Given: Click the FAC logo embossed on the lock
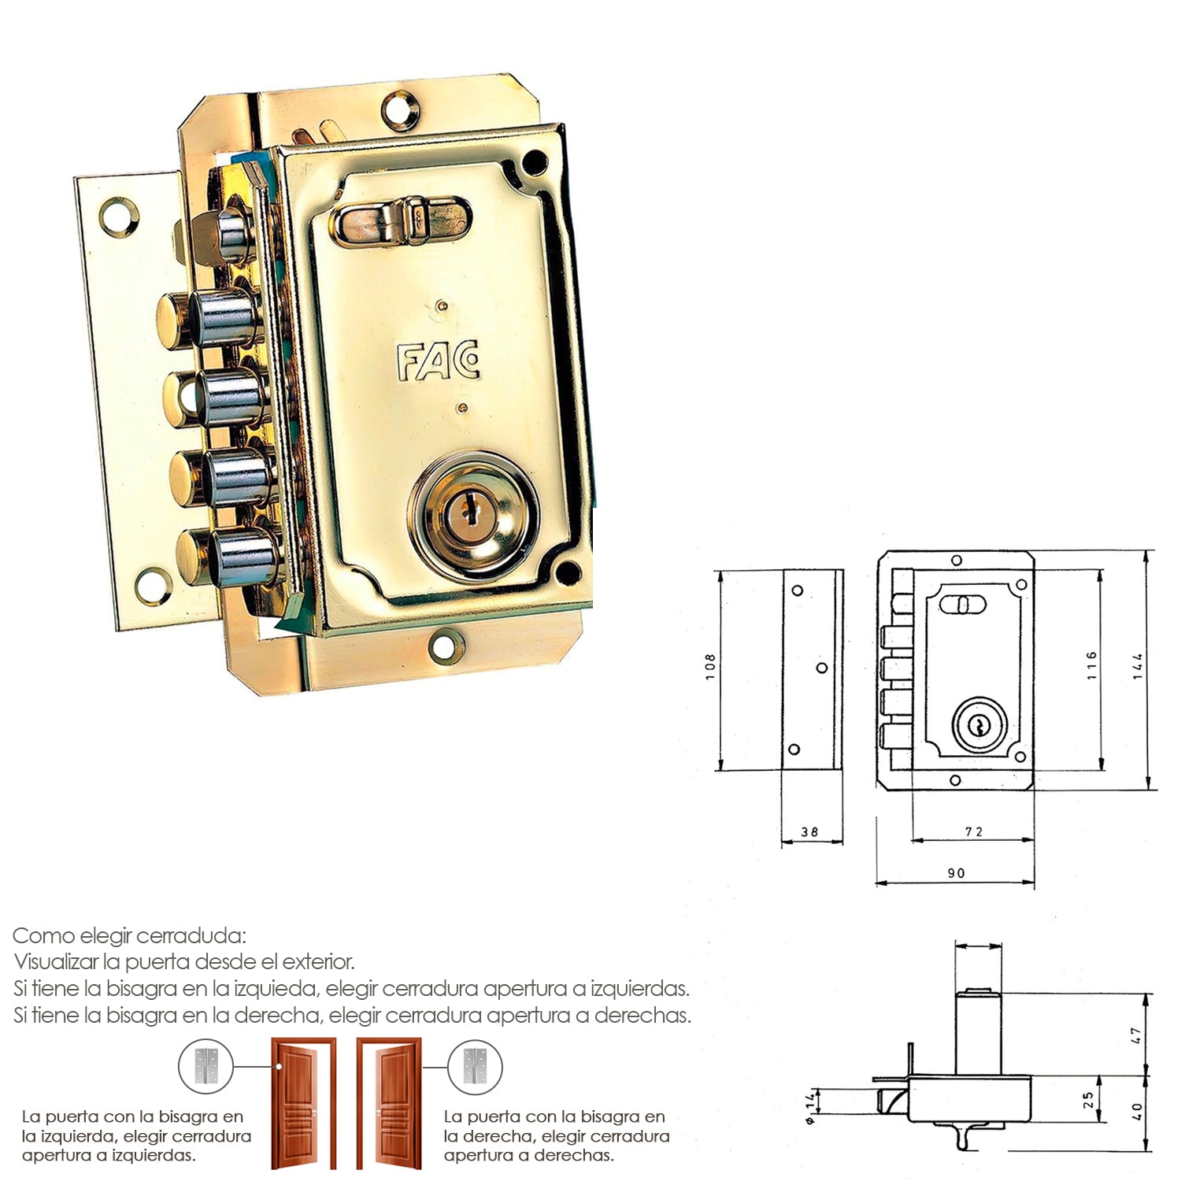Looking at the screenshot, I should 438,361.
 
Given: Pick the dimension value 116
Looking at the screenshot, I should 1091,665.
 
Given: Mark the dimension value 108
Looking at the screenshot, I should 711,667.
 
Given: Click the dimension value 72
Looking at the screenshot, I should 974,831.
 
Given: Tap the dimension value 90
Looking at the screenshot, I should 956,873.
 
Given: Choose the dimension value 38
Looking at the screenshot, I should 809,831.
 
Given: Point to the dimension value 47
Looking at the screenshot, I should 1135,1035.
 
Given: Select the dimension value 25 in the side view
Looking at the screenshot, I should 1088,1099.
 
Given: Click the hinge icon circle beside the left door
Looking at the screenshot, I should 206,1067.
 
